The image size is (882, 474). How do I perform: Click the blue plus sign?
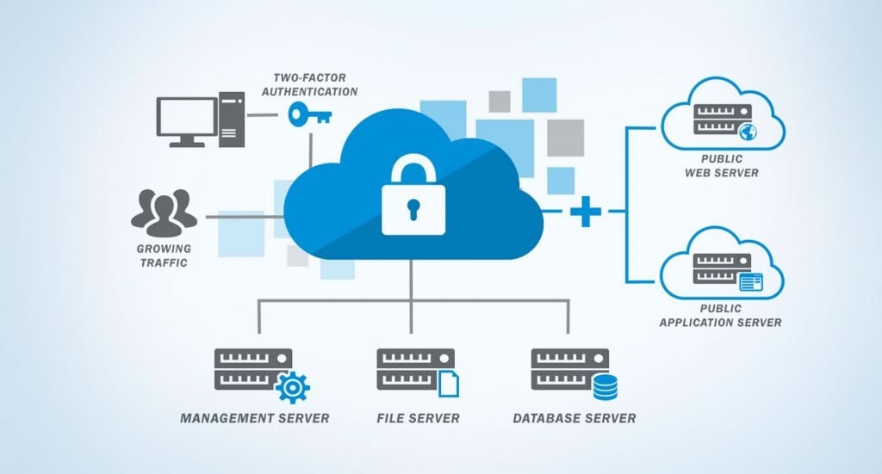586,210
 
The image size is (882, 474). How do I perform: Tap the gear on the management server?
292,387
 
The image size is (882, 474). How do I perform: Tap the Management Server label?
254,419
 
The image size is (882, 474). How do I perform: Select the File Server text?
418,419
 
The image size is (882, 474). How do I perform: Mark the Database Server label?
574,419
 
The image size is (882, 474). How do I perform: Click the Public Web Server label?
721,166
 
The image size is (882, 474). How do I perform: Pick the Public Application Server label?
721,316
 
